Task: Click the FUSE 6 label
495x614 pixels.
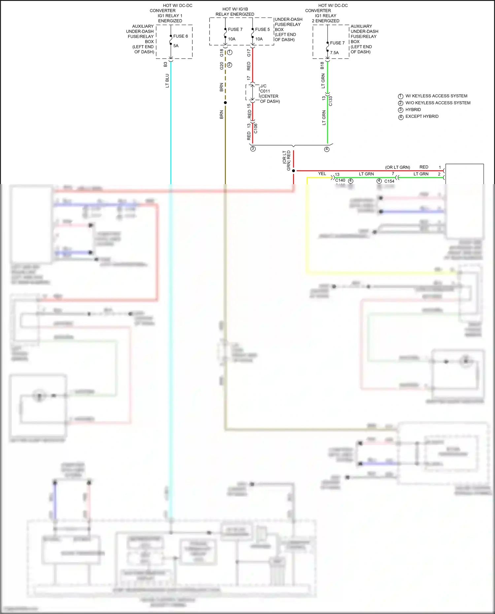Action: [x=181, y=36]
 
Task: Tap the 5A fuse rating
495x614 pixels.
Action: [x=176, y=46]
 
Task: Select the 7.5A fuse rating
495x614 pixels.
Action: [x=334, y=53]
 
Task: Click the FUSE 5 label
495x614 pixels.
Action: [x=262, y=29]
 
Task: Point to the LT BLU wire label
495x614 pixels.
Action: [x=167, y=81]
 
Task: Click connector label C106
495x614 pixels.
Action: [x=256, y=128]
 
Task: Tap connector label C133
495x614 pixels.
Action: [x=331, y=101]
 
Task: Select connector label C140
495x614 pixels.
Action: [x=340, y=180]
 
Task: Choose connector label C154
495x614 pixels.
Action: [x=389, y=181]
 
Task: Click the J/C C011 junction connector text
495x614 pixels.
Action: [x=269, y=94]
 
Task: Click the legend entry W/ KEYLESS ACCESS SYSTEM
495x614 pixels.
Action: [x=436, y=96]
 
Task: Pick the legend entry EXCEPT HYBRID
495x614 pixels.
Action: [x=422, y=116]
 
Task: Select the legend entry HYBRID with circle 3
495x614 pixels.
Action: [x=413, y=110]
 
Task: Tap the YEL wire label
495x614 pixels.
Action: [x=322, y=174]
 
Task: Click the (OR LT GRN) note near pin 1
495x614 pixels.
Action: [x=398, y=167]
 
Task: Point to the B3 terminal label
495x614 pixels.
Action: [x=165, y=65]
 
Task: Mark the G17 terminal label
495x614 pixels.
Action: [x=249, y=52]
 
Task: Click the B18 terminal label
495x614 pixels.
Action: [x=322, y=65]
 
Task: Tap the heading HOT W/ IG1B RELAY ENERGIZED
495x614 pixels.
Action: [x=235, y=12]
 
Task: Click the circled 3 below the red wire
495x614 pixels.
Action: [x=253, y=149]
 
